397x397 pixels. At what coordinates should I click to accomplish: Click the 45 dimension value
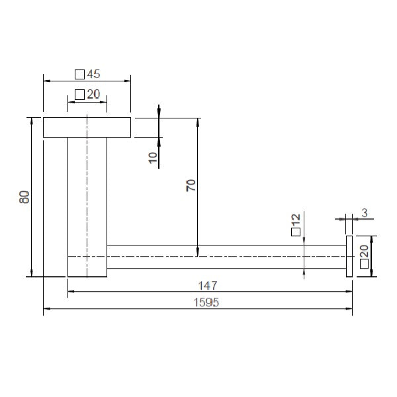[93, 74]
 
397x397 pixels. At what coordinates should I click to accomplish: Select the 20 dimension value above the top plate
[93, 95]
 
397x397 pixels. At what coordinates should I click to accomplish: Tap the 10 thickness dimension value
[153, 157]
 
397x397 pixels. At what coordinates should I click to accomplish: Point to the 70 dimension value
[191, 186]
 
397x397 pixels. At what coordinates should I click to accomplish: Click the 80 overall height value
[24, 197]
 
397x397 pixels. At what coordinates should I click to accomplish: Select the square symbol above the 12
[295, 231]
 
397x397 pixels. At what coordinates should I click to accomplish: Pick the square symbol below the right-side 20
[364, 263]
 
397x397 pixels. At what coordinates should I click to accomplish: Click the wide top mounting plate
[87, 128]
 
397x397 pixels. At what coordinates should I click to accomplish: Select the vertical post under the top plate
[87, 205]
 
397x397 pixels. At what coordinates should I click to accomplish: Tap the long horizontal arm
[225, 256]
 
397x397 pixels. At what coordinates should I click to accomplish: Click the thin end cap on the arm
[350, 256]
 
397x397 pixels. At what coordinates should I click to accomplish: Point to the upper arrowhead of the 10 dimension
[159, 112]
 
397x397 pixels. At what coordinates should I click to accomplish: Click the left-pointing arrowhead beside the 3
[357, 218]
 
